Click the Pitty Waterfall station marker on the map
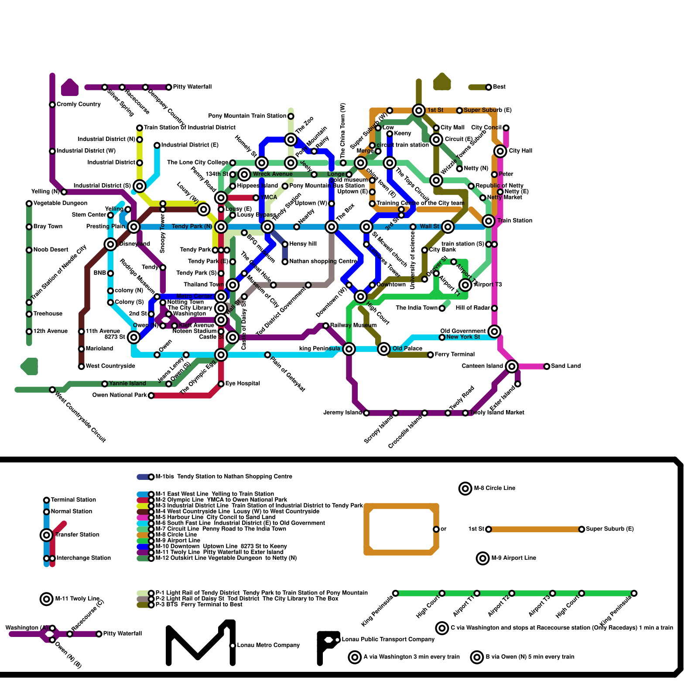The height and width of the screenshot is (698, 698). pyautogui.click(x=169, y=87)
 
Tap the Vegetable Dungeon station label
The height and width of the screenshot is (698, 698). pyautogui.click(x=60, y=203)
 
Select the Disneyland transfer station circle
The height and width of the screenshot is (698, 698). pyautogui.click(x=111, y=244)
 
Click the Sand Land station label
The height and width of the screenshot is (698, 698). pyautogui.click(x=565, y=366)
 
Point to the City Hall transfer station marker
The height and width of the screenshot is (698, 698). pyautogui.click(x=500, y=151)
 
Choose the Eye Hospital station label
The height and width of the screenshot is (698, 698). pyautogui.click(x=243, y=383)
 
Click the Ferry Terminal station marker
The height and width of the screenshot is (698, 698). pyautogui.click(x=431, y=355)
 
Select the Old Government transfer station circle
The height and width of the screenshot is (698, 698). pyautogui.click(x=494, y=332)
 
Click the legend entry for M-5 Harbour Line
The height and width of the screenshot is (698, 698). pyautogui.click(x=215, y=517)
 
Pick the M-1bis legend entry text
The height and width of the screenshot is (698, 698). pyautogui.click(x=223, y=476)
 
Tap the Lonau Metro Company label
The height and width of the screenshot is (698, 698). pyautogui.click(x=268, y=645)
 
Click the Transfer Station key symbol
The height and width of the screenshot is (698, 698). pyautogui.click(x=47, y=535)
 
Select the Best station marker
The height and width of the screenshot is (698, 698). pyautogui.click(x=489, y=87)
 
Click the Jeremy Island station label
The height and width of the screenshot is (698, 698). pyautogui.click(x=343, y=413)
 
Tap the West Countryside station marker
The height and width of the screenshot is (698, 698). pyautogui.click(x=82, y=366)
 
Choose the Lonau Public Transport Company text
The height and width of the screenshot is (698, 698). pyautogui.click(x=388, y=640)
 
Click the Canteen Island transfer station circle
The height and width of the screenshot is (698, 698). pyautogui.click(x=512, y=366)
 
